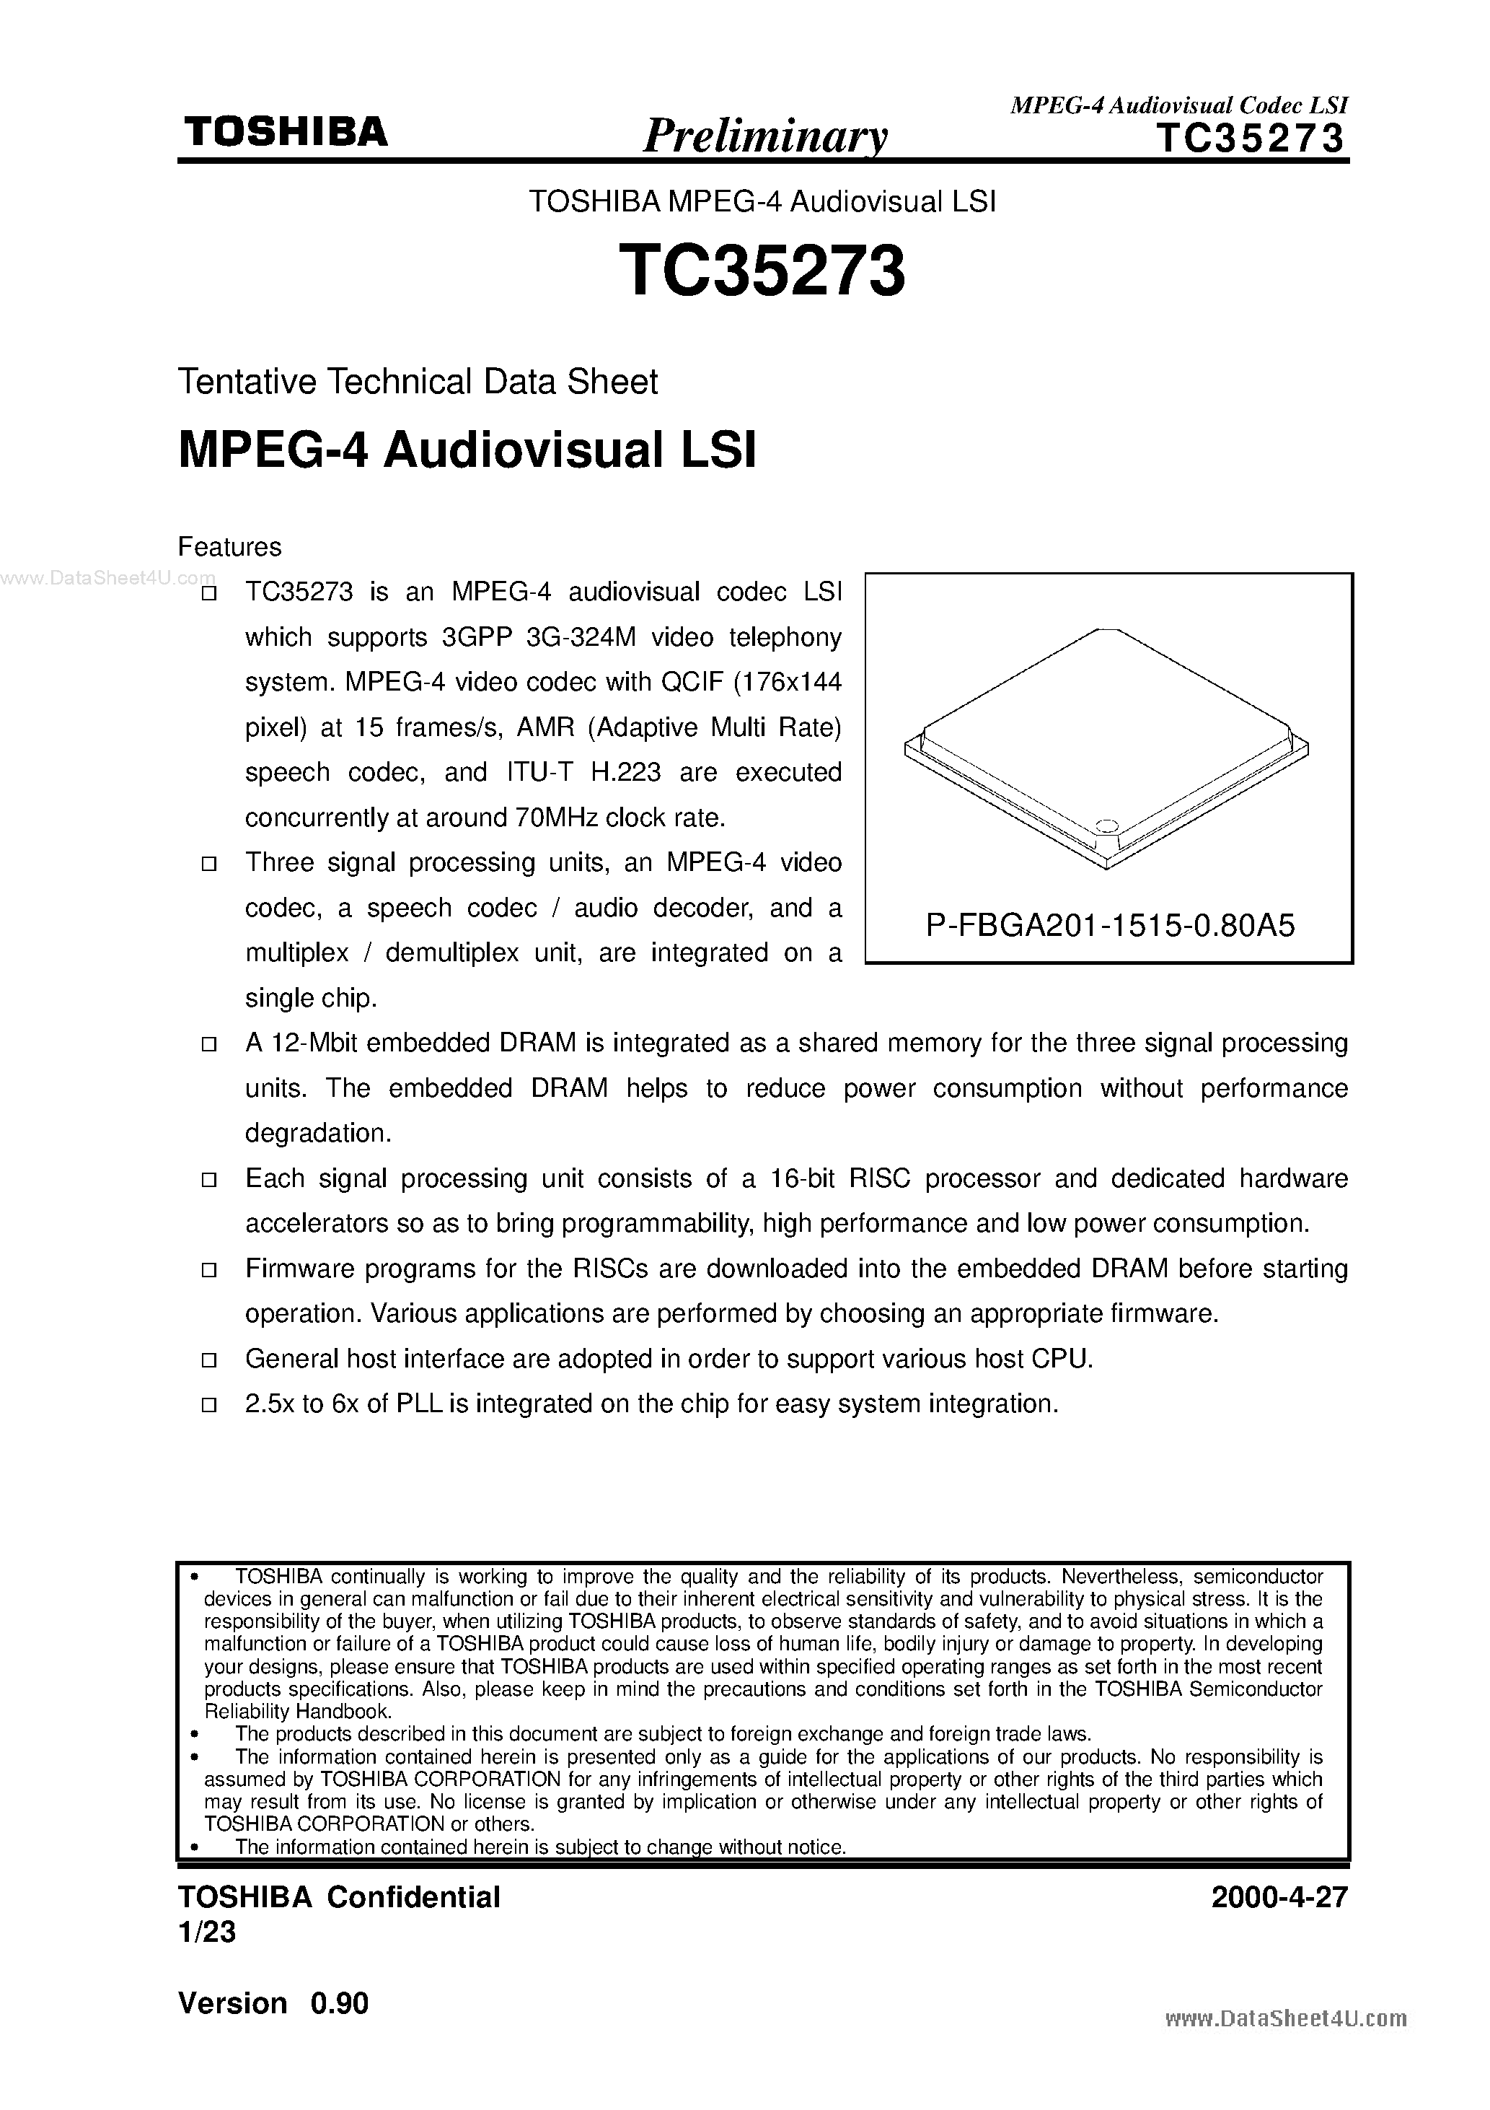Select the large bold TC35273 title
[x=762, y=272]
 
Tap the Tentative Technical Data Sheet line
[x=418, y=382]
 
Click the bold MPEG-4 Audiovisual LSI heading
[x=467, y=451]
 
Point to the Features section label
[x=229, y=548]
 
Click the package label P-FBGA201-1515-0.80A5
[x=1110, y=924]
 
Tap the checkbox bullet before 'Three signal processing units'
[x=208, y=864]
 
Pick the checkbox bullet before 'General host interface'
[x=208, y=1360]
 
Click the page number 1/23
[x=207, y=1932]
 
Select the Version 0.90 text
[x=273, y=2003]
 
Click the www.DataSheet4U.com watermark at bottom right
[x=1285, y=2019]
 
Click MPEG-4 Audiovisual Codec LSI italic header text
[x=1178, y=105]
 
